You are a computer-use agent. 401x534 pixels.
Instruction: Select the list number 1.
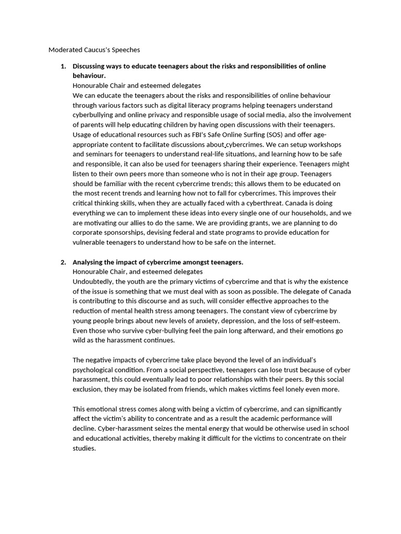pyautogui.click(x=63, y=66)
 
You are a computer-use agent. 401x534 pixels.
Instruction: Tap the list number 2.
pyautogui.click(x=63, y=262)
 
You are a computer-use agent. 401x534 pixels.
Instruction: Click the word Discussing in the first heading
pyautogui.click(x=89, y=66)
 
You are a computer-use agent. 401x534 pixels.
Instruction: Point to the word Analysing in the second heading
pyautogui.click(x=88, y=262)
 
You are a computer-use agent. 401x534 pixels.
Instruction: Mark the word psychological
pyautogui.click(x=93, y=370)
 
